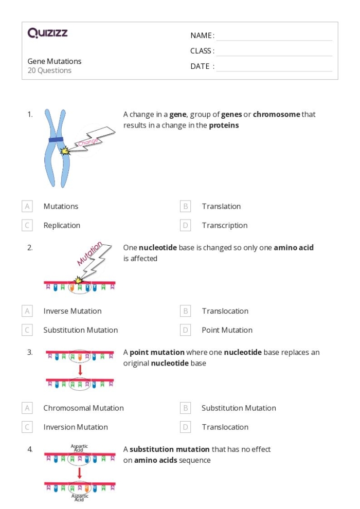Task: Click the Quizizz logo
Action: point(47,34)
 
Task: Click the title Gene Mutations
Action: point(55,61)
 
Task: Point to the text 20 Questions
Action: point(49,70)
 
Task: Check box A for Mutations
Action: point(27,206)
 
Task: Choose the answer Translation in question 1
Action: point(221,206)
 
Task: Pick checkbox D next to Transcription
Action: point(186,225)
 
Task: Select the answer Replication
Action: point(62,225)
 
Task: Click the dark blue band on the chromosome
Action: point(56,140)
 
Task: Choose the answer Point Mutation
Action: point(227,330)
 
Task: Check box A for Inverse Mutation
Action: point(27,311)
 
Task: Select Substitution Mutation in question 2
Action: point(80,330)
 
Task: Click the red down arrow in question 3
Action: point(80,370)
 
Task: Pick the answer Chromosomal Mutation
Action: point(83,408)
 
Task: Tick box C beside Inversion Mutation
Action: point(27,427)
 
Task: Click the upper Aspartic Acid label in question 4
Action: point(79,447)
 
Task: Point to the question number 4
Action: point(30,449)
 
